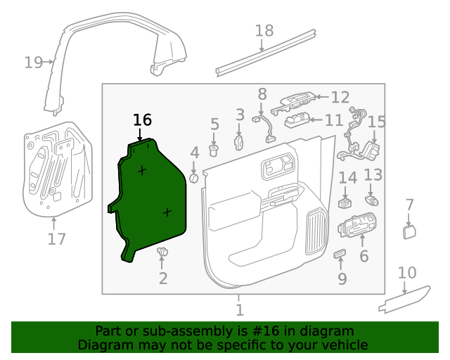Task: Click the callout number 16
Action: point(142,120)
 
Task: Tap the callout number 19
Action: point(32,63)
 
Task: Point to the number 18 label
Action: point(264,31)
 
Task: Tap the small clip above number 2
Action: point(162,252)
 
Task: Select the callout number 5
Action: point(215,125)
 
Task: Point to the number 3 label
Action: point(240,115)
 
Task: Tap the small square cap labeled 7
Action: point(409,232)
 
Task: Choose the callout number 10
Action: point(408,273)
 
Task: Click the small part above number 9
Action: point(340,253)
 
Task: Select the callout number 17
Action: point(56,239)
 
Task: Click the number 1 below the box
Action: point(239,310)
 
